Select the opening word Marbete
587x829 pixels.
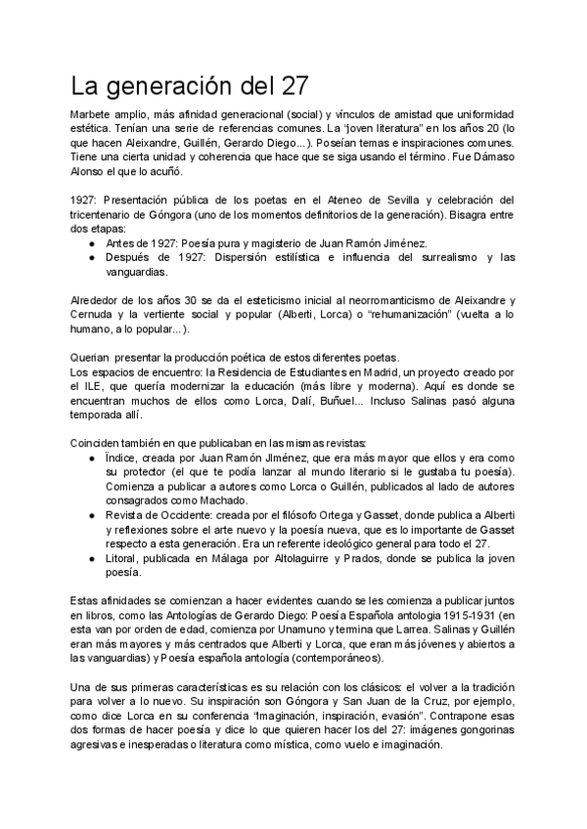(x=95, y=114)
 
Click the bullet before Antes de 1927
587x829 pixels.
(x=92, y=242)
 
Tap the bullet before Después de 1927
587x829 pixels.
(x=92, y=257)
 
